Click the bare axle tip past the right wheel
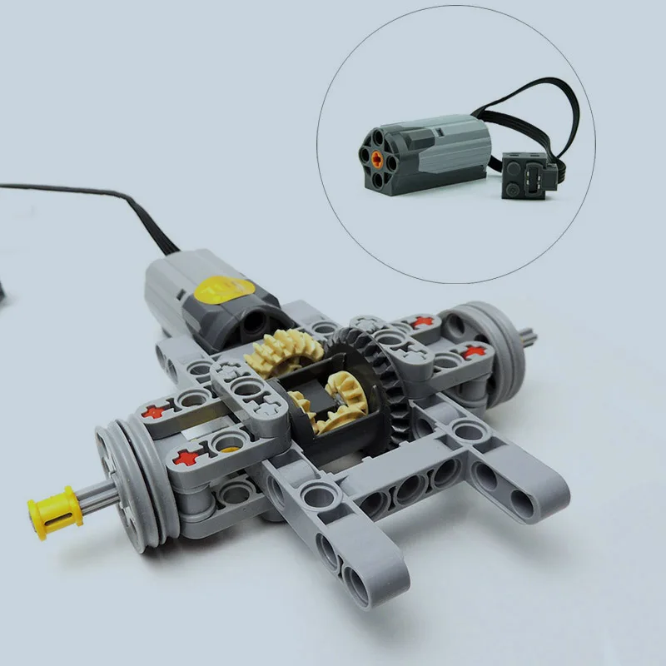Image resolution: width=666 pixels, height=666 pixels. click(529, 337)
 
